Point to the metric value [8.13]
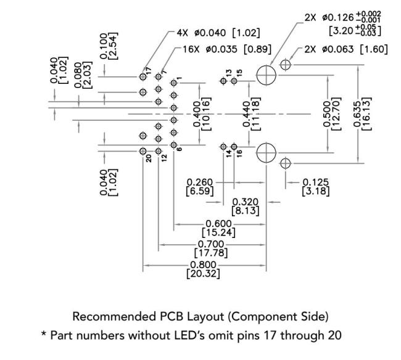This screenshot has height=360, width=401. (x=245, y=211)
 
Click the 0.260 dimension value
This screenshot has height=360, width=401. (x=200, y=182)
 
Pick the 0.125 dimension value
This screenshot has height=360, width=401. (x=316, y=182)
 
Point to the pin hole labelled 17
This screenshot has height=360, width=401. (x=143, y=77)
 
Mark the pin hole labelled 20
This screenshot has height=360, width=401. (x=143, y=150)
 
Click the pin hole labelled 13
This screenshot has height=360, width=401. (x=223, y=81)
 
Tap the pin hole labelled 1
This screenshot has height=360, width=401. (x=174, y=83)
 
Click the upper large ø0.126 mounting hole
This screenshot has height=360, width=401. (x=266, y=75)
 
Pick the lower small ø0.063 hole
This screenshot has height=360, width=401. (x=285, y=163)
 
